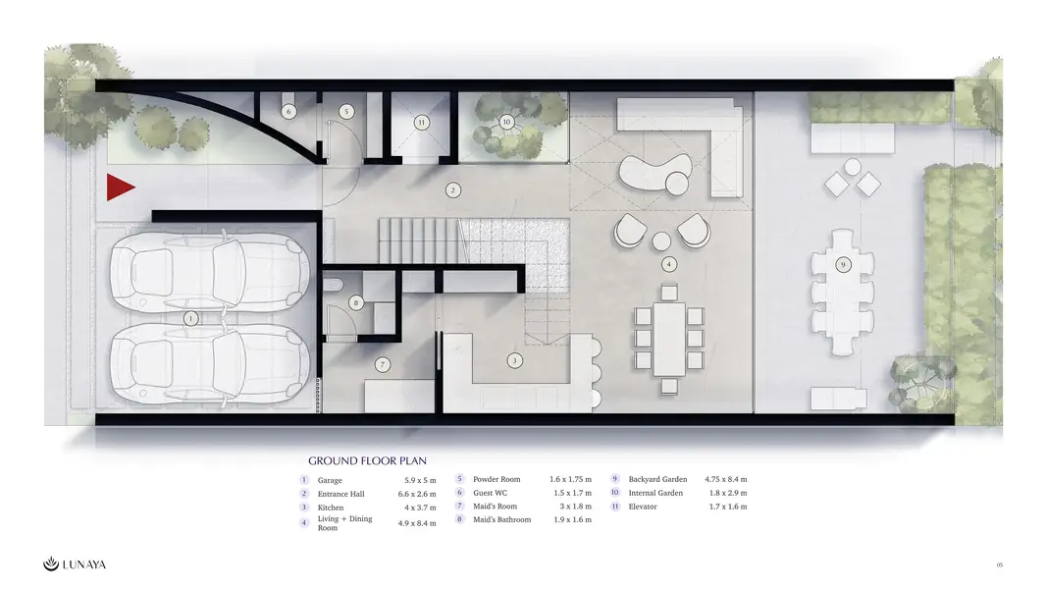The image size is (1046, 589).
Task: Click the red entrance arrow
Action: click(120, 187)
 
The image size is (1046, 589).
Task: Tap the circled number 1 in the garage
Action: click(190, 318)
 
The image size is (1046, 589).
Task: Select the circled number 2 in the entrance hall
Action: click(453, 190)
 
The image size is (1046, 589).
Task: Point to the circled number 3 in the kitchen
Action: click(514, 361)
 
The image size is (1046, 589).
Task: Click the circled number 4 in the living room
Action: click(669, 264)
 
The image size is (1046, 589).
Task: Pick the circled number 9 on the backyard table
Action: click(843, 265)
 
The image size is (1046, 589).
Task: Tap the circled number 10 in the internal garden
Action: click(506, 122)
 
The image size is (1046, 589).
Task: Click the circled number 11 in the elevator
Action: click(421, 122)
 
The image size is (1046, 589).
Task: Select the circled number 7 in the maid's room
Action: click(383, 364)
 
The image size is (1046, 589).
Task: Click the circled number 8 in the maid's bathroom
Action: click(356, 302)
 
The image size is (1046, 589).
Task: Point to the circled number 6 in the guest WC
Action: click(288, 111)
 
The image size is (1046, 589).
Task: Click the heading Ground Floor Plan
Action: click(367, 460)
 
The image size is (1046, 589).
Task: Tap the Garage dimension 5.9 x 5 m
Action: click(420, 480)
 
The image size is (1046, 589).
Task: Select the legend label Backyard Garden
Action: click(657, 479)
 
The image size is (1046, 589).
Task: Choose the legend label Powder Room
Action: click(497, 479)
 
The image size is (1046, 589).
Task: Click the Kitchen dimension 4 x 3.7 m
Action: click(420, 508)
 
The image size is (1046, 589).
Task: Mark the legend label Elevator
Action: click(643, 507)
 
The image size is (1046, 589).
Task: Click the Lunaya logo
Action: click(74, 564)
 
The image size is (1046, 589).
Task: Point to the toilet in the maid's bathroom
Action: click(333, 285)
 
